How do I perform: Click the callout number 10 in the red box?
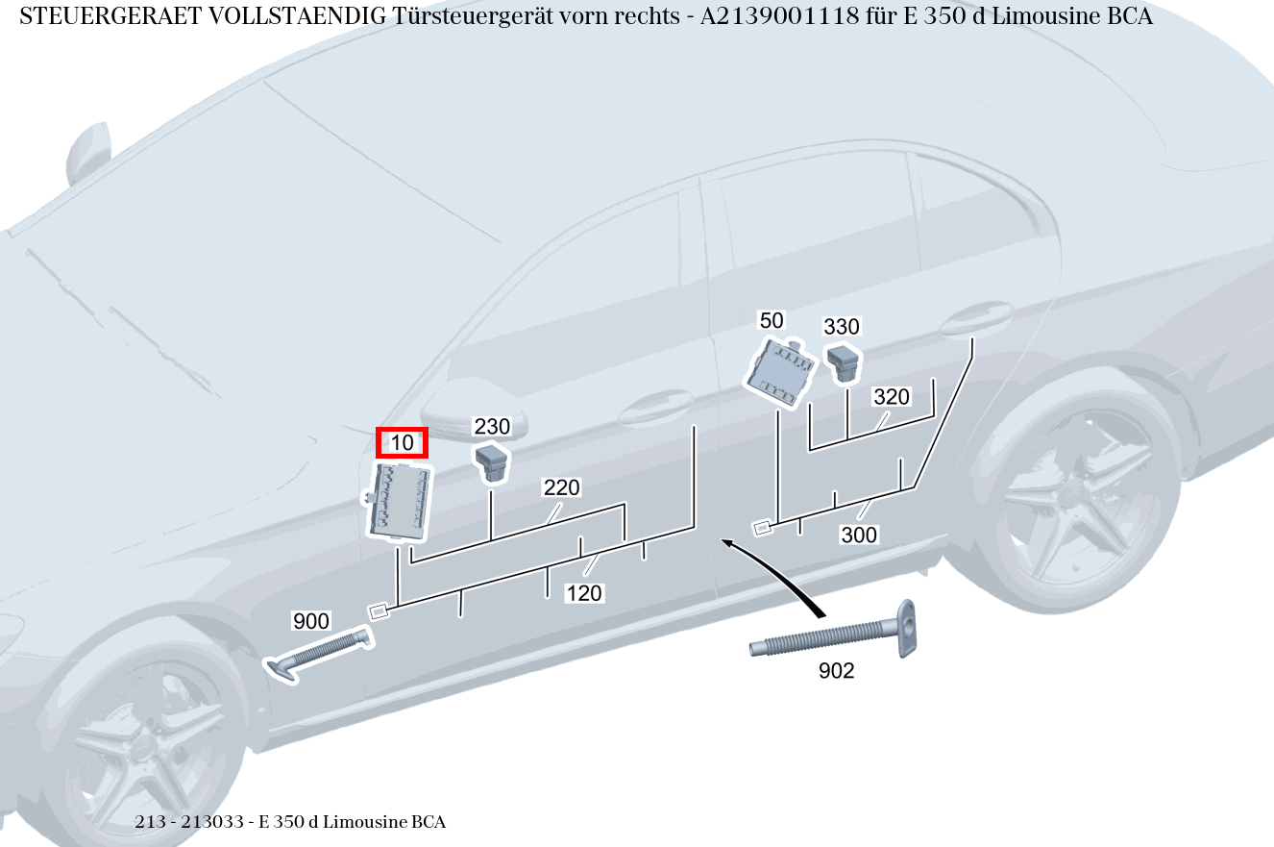point(402,443)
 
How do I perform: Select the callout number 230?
point(492,426)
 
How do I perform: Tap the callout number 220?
point(561,487)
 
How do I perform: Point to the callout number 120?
point(583,593)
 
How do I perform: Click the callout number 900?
point(311,621)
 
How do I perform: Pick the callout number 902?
point(836,671)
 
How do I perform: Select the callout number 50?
point(772,320)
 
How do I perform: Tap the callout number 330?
point(842,327)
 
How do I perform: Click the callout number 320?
point(891,397)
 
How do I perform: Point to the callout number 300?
point(859,535)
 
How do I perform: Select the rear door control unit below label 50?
point(780,371)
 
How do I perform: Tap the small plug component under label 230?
point(491,461)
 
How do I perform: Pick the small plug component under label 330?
point(845,361)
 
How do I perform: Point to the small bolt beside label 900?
point(317,654)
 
